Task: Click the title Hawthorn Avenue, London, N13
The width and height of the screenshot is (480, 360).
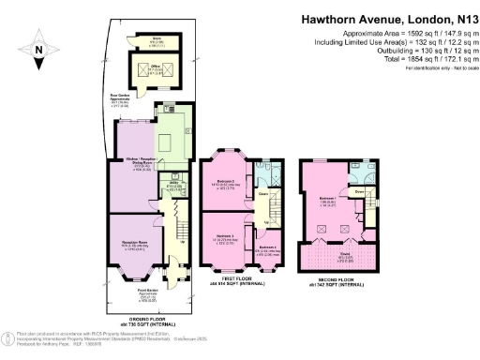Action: (x=390, y=18)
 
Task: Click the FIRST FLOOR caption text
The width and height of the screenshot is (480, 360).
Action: (x=247, y=278)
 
